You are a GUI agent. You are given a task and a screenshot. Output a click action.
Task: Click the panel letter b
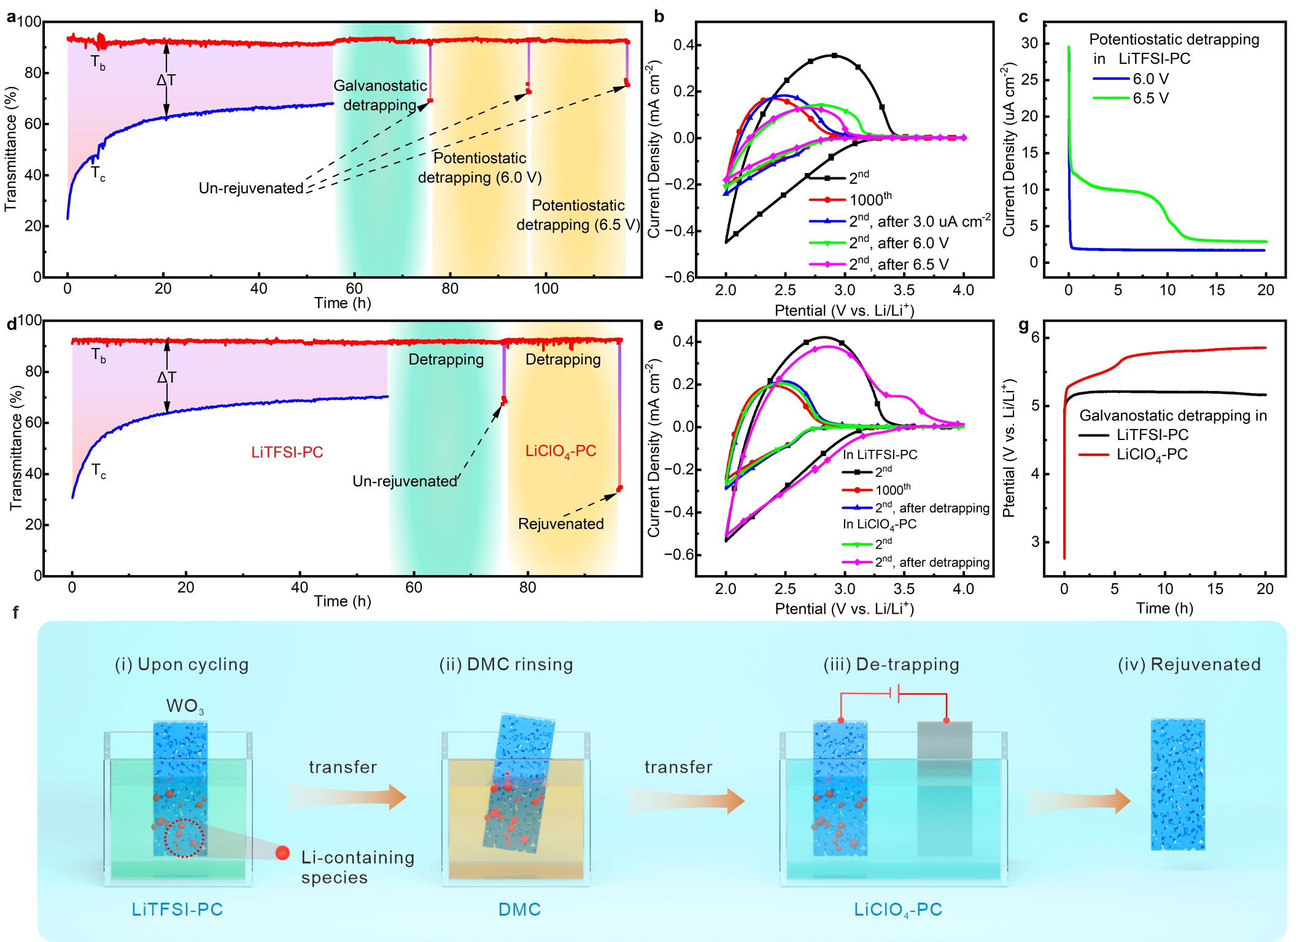[659, 17]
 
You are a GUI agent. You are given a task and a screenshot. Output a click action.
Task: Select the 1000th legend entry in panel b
[870, 199]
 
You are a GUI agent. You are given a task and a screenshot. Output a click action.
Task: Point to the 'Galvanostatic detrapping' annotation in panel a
[380, 95]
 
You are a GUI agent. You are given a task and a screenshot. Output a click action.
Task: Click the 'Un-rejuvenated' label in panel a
[251, 188]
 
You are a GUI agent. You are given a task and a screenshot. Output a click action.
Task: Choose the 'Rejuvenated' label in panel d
[560, 524]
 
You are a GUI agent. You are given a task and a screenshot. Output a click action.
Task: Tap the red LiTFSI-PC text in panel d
[287, 452]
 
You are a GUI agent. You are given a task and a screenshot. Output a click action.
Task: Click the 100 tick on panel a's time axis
[546, 288]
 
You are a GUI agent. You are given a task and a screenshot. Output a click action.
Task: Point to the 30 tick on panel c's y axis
[1029, 43]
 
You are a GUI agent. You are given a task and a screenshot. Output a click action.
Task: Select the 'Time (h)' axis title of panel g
[1164, 608]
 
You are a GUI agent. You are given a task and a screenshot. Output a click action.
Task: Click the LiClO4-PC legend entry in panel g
[1152, 455]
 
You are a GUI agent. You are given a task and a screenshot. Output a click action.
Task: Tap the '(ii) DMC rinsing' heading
[506, 665]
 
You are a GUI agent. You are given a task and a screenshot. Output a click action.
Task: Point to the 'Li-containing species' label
[357, 867]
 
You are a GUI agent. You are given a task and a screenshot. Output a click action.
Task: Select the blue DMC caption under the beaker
[519, 909]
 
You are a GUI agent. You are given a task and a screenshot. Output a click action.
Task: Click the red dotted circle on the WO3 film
[184, 838]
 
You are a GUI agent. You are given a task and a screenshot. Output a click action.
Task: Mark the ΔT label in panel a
[166, 80]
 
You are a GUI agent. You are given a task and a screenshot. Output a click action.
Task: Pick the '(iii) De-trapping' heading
[891, 665]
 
